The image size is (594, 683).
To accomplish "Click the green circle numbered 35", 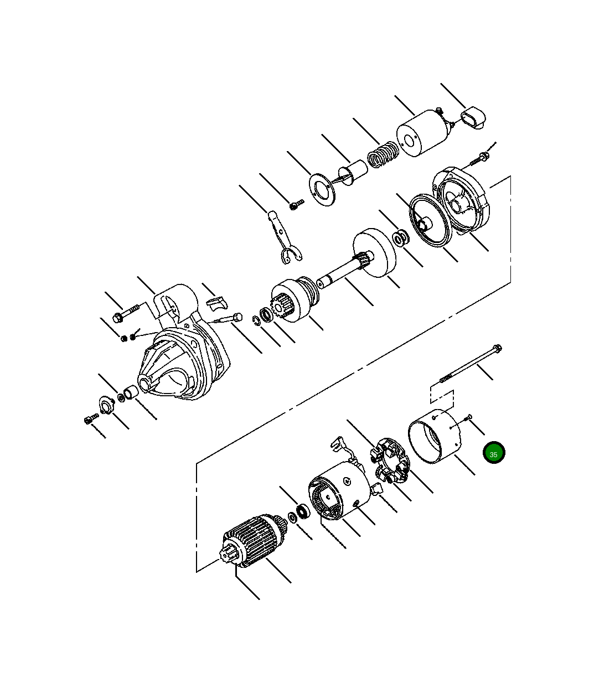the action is point(493,453).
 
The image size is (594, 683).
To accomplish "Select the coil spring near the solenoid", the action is point(383,154).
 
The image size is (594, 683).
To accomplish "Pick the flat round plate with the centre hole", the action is point(322,190).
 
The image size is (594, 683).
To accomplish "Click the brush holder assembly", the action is point(390,460).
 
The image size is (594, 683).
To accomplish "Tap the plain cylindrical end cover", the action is point(435,436).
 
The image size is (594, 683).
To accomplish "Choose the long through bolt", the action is point(471,364).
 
